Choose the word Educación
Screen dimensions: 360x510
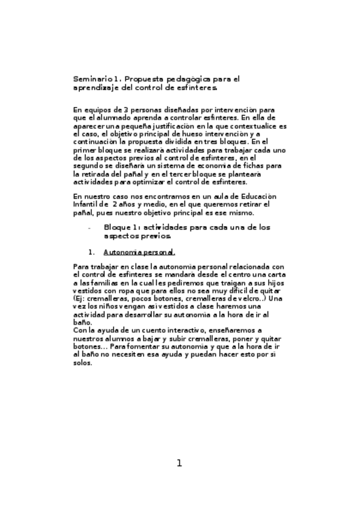254,197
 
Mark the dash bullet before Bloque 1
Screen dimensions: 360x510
90,228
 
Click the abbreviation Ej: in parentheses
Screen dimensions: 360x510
80,298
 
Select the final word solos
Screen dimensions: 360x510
83,364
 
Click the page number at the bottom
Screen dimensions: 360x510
178,463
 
